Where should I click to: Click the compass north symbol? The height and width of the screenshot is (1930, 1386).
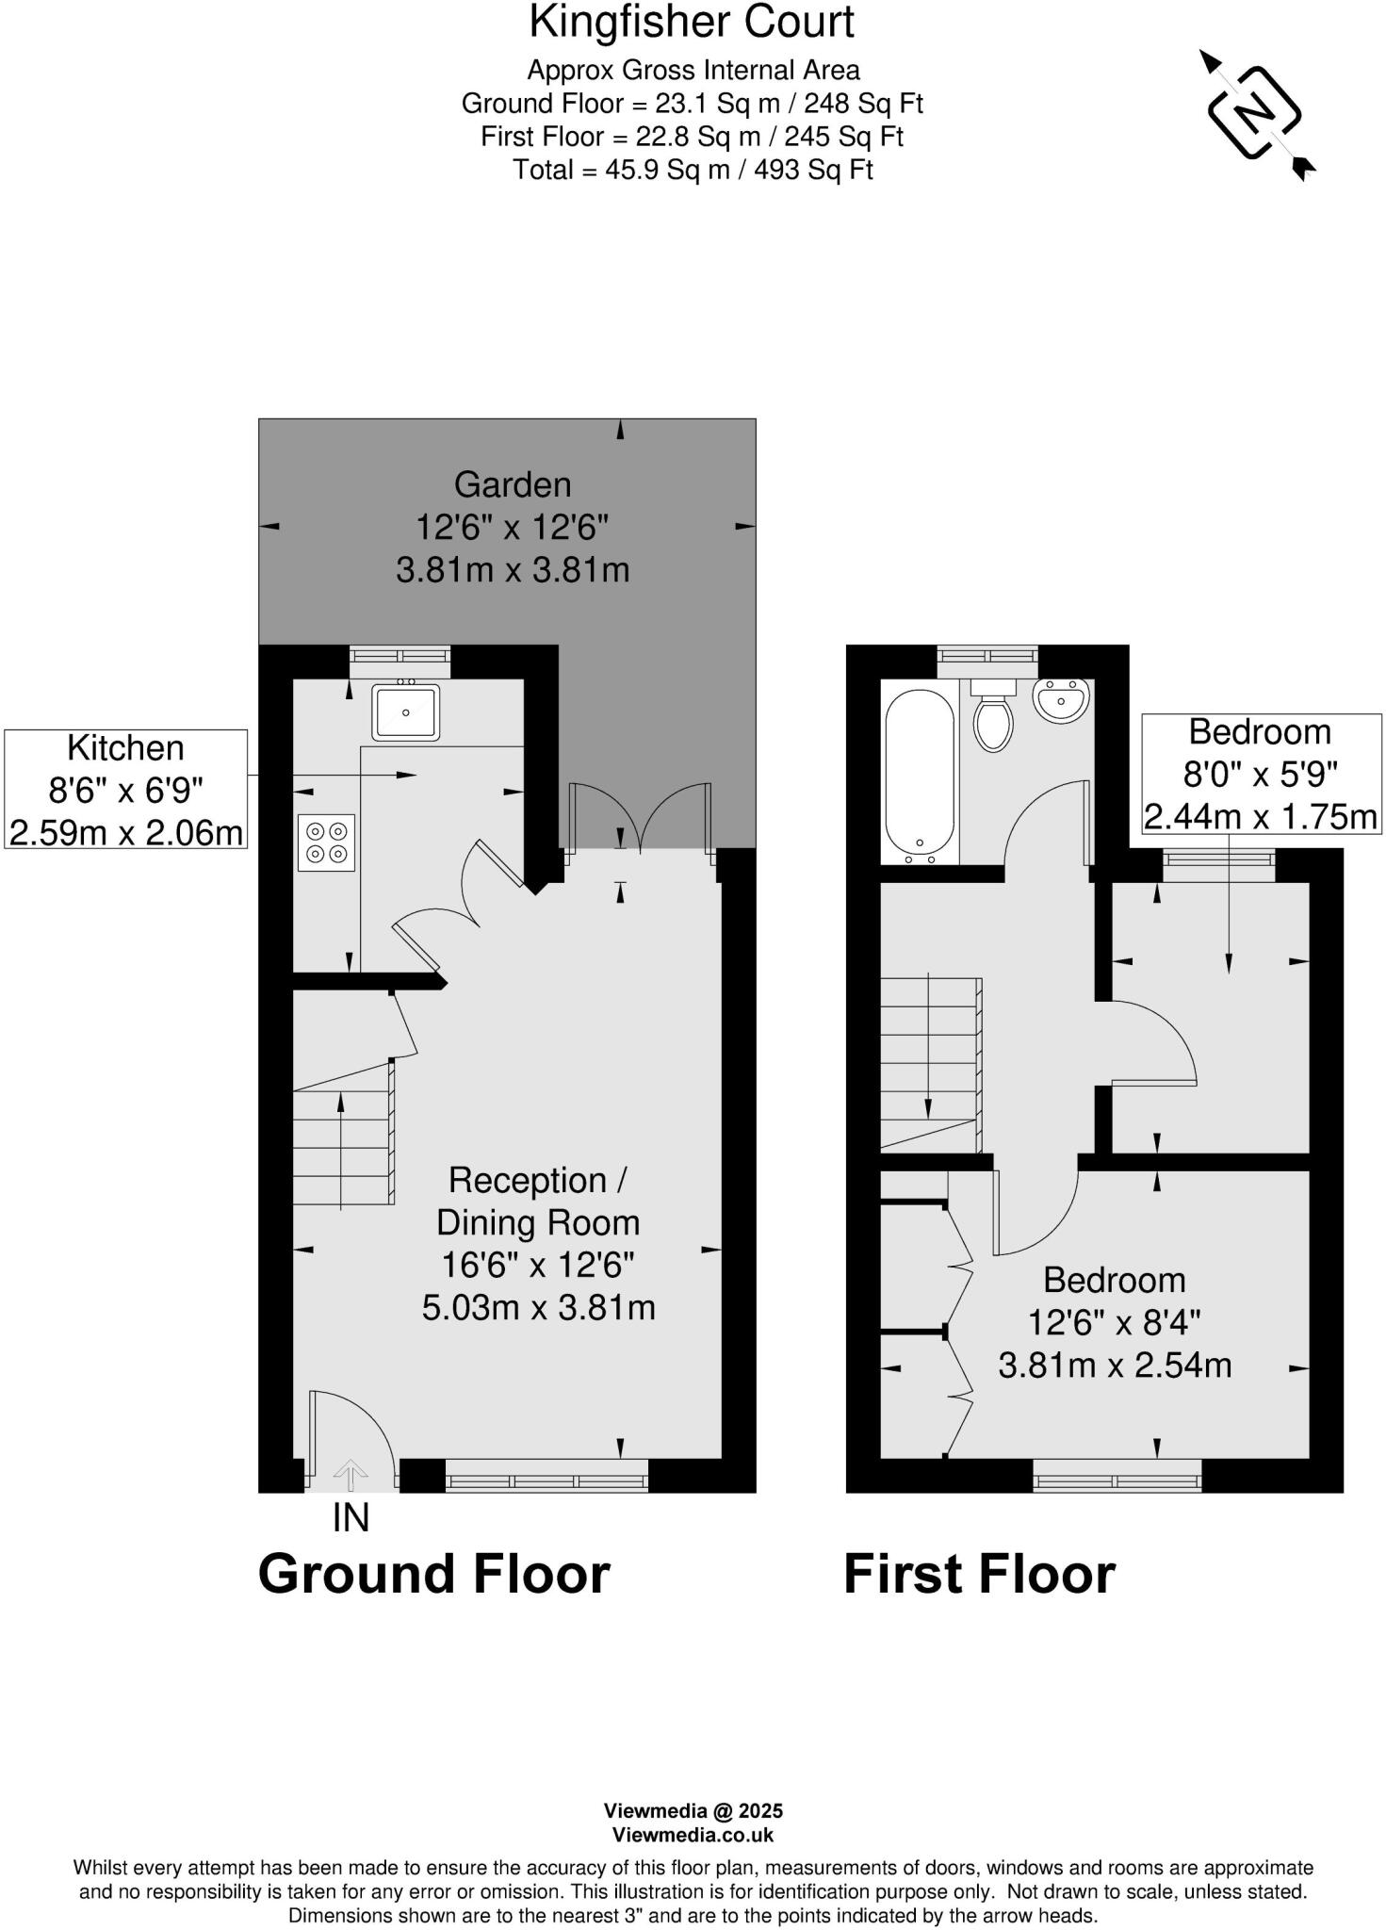pyautogui.click(x=1254, y=113)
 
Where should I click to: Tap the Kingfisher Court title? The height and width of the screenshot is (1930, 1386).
pyautogui.click(x=692, y=23)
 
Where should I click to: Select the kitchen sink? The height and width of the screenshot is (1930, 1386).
pyautogui.click(x=405, y=712)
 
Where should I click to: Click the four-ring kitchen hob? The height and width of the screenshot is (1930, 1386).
pyautogui.click(x=326, y=842)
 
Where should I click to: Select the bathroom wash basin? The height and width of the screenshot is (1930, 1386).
pyautogui.click(x=1061, y=700)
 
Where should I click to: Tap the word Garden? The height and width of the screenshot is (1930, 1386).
pyautogui.click(x=513, y=484)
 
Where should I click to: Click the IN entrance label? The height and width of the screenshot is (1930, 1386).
pyautogui.click(x=351, y=1518)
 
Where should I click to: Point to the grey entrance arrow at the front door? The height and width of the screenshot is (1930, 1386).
pyautogui.click(x=351, y=1475)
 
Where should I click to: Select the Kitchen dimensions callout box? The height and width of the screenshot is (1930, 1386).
pyautogui.click(x=125, y=790)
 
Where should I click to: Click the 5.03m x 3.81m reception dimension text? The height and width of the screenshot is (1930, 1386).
pyautogui.click(x=538, y=1308)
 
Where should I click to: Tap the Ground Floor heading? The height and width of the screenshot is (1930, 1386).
pyautogui.click(x=434, y=1574)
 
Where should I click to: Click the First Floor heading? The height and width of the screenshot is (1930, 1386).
pyautogui.click(x=979, y=1574)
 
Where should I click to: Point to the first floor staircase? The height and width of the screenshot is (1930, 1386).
pyautogui.click(x=931, y=1065)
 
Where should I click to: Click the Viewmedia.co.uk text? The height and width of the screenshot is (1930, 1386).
pyautogui.click(x=693, y=1835)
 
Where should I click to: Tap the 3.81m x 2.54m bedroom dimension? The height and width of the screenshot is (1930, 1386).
pyautogui.click(x=1115, y=1366)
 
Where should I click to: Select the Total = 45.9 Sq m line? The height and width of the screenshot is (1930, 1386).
pyautogui.click(x=693, y=171)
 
